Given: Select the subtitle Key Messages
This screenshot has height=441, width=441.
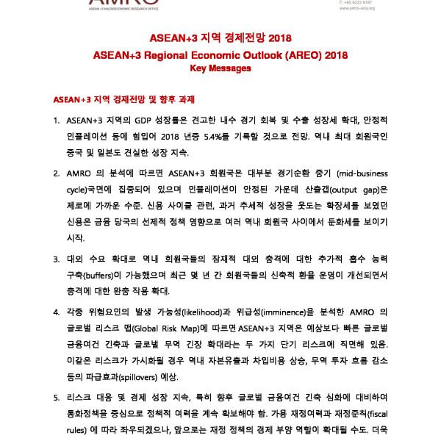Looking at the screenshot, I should (x=220, y=68).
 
